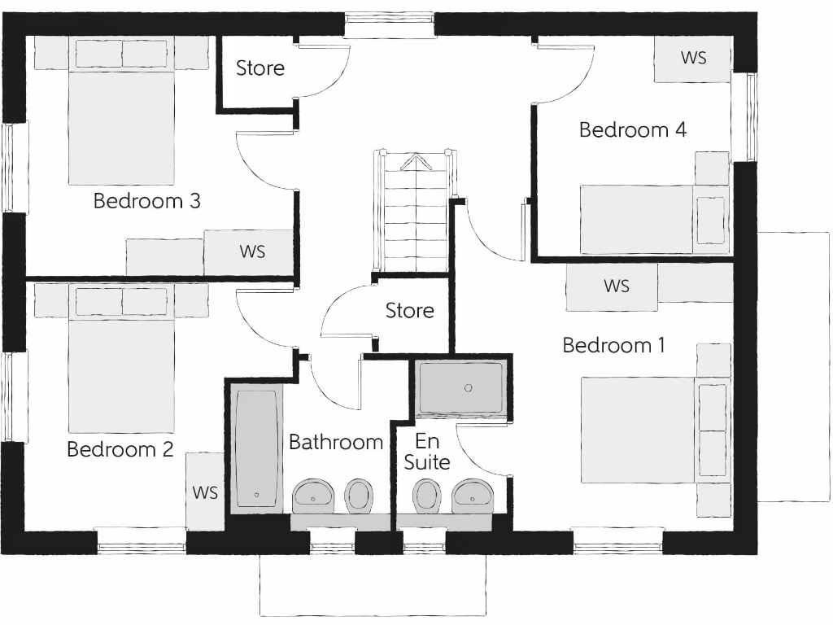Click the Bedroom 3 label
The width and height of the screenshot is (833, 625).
146,200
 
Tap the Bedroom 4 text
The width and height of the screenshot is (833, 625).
632,129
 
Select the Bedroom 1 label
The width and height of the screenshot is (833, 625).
613,345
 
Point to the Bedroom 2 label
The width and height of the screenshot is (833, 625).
120,449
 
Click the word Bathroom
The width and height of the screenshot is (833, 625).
335,443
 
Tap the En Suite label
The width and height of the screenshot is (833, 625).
427,452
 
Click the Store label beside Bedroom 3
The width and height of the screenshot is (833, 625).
260,68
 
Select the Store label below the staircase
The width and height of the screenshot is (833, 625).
409,311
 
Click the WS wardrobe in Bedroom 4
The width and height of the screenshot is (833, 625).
693,59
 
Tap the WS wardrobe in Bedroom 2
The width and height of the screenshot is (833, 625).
205,492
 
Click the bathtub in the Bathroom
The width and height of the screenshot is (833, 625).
257,448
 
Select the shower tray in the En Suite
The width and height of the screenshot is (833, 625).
461,389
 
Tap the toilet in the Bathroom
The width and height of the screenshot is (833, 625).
359,495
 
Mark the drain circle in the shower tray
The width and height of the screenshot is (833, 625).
469,388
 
